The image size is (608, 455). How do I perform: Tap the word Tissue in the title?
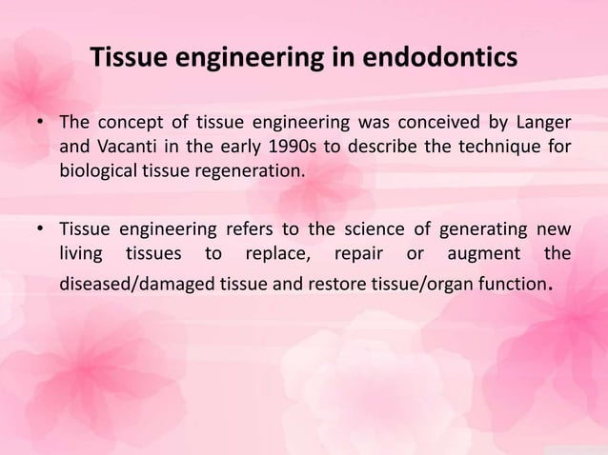pyautogui.click(x=132, y=58)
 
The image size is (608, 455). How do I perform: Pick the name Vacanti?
pyautogui.click(x=126, y=148)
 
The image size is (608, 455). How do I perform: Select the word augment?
pyautogui.click(x=485, y=253)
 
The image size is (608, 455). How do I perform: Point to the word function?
pyautogui.click(x=509, y=284)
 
